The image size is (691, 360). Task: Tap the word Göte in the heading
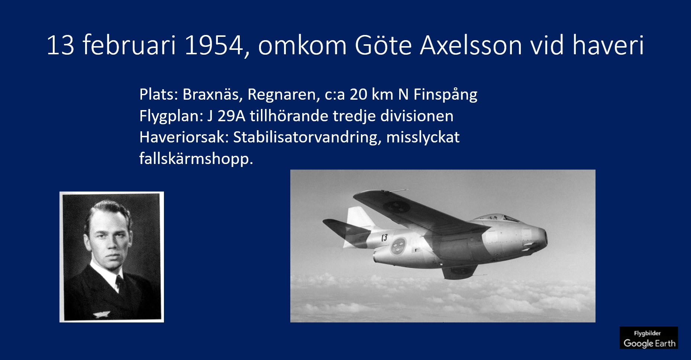pyautogui.click(x=383, y=45)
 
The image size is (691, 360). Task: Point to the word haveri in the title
pyautogui.click(x=608, y=45)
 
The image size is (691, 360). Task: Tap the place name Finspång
pyautogui.click(x=445, y=95)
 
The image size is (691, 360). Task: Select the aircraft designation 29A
pyautogui.click(x=232, y=116)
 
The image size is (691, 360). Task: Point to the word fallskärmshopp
pyautogui.click(x=196, y=159)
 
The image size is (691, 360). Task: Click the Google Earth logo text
pyautogui.click(x=649, y=343)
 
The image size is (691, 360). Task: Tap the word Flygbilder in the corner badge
pyautogui.click(x=647, y=333)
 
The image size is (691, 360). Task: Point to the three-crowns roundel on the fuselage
pyautogui.click(x=398, y=246)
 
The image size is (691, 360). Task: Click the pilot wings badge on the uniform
pyautogui.click(x=101, y=315)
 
